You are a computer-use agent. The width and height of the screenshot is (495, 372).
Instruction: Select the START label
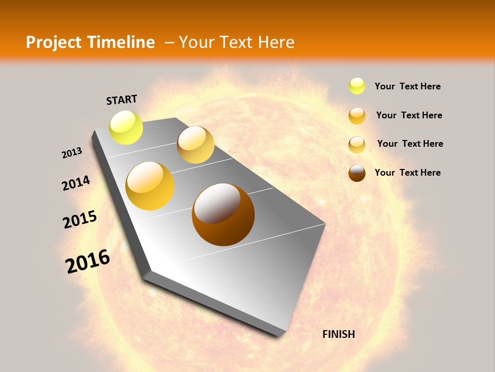(x=122, y=100)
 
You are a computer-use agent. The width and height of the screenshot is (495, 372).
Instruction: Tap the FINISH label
(x=338, y=334)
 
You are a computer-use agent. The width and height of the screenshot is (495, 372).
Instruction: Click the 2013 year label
(x=72, y=153)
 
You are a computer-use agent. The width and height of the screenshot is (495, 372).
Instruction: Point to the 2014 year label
(x=76, y=183)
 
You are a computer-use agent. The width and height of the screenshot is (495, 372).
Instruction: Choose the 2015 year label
(x=80, y=220)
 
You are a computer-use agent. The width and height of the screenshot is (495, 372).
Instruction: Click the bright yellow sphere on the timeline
(x=126, y=127)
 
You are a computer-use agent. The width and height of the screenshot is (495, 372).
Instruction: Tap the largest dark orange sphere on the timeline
(x=223, y=214)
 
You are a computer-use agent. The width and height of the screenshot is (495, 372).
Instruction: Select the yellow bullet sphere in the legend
(x=357, y=86)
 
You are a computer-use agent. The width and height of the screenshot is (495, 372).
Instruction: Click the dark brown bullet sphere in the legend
(x=357, y=173)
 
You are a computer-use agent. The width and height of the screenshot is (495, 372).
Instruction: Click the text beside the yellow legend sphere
(x=407, y=86)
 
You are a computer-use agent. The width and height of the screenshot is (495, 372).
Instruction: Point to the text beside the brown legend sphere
(x=407, y=173)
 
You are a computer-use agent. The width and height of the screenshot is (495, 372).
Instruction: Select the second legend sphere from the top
(x=357, y=116)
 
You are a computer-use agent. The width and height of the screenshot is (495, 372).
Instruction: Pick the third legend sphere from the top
(x=357, y=145)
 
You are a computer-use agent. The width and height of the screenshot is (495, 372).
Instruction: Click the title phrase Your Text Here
(x=236, y=42)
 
